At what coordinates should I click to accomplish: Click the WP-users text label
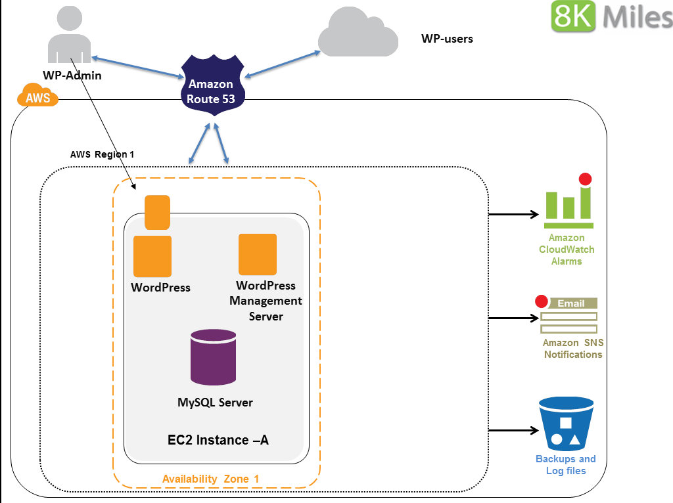(x=447, y=39)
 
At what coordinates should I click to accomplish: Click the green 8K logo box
(x=573, y=16)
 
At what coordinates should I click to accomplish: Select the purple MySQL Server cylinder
(x=213, y=358)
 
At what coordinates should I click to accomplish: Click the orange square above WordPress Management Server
(x=258, y=254)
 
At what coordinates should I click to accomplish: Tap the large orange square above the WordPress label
(x=152, y=255)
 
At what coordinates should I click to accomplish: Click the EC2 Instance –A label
(x=218, y=440)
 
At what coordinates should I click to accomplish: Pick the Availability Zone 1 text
(x=211, y=479)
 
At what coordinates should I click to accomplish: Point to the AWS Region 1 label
(x=102, y=155)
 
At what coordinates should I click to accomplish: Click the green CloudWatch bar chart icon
(x=568, y=204)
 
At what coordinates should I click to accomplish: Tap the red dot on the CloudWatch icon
(x=584, y=179)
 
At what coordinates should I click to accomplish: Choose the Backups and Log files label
(x=565, y=464)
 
